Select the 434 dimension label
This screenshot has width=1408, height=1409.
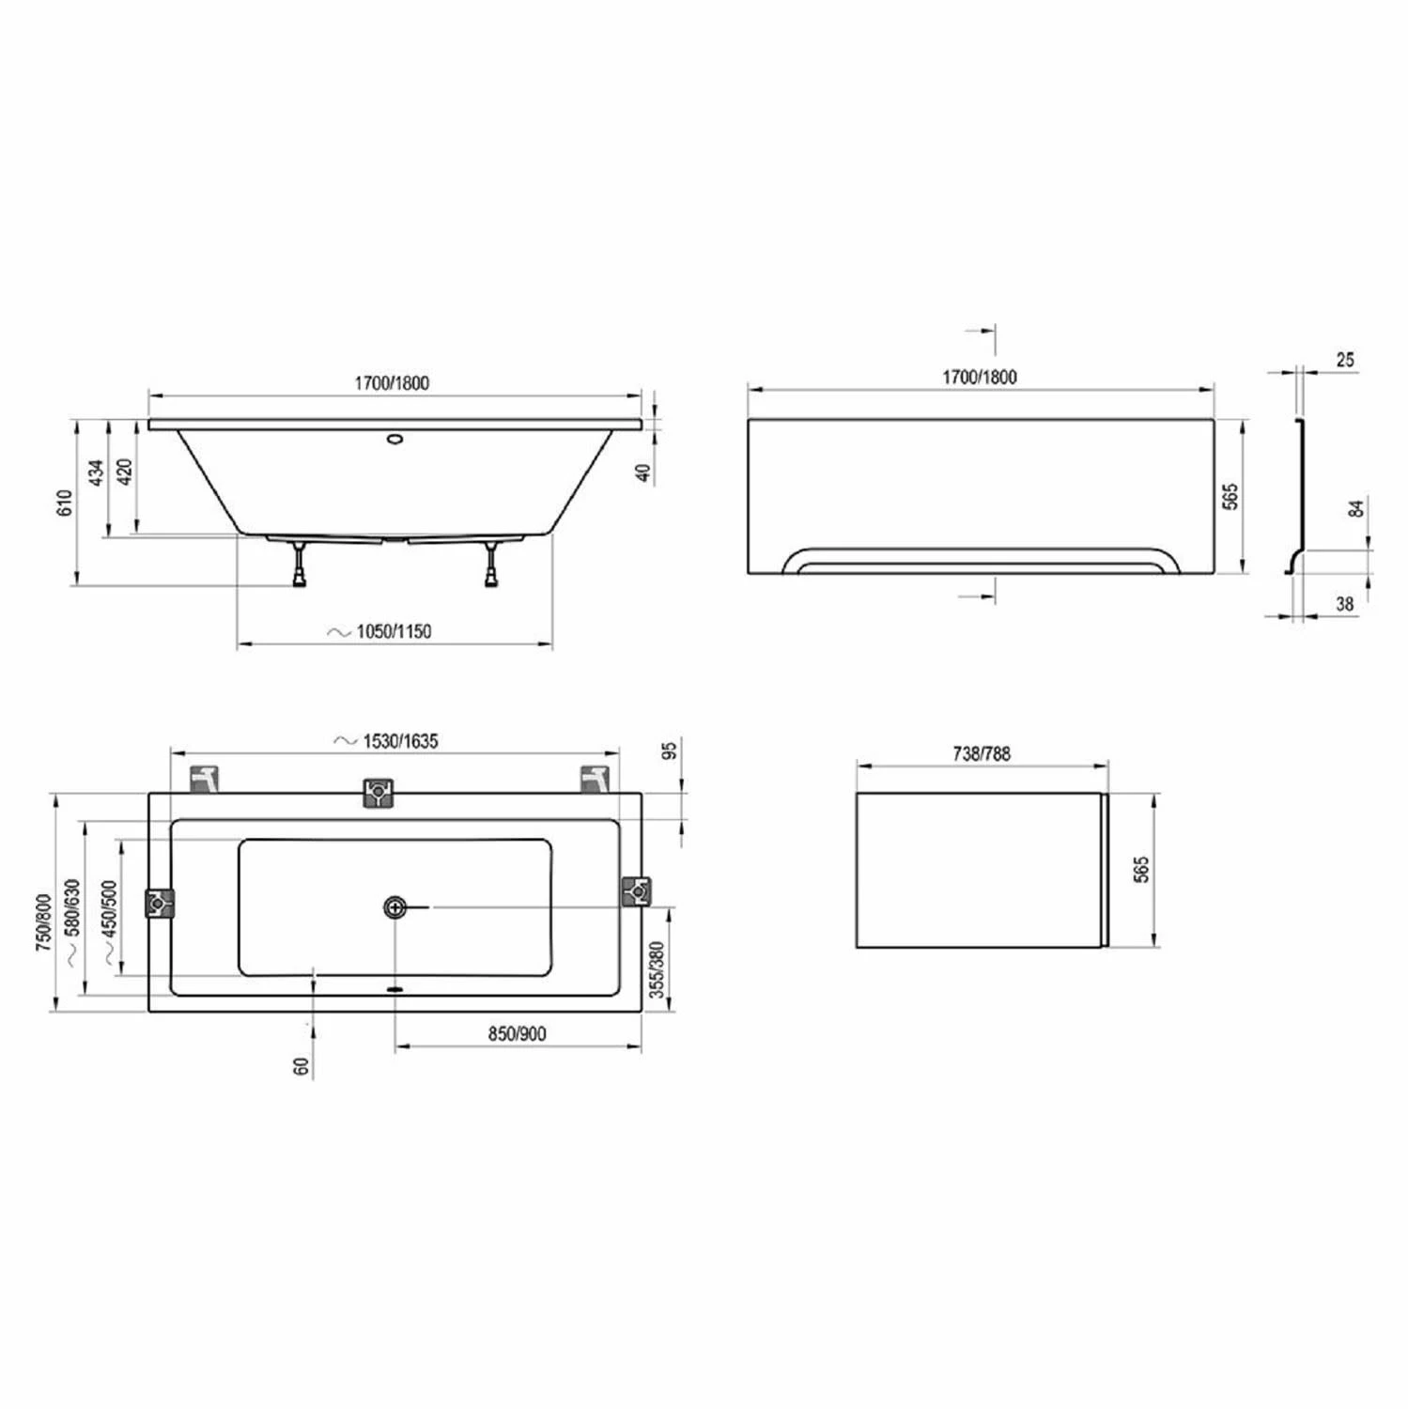coord(96,472)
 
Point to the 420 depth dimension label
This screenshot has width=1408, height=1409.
coord(125,472)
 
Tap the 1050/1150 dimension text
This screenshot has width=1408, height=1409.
coord(394,631)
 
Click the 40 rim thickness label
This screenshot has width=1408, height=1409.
coord(644,472)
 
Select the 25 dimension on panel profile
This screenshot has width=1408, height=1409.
coord(1345,360)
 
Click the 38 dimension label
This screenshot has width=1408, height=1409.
coord(1345,604)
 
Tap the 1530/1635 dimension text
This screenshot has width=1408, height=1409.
coord(400,741)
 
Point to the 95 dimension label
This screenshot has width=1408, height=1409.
coord(669,751)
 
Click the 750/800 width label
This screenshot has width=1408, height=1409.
coord(43,922)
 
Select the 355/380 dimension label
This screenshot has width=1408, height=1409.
coord(658,969)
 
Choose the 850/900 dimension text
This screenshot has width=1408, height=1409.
coord(517,1033)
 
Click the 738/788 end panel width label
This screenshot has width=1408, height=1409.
coord(982,753)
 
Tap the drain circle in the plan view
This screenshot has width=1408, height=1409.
coord(395,906)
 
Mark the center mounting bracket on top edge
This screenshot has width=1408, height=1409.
coord(378,792)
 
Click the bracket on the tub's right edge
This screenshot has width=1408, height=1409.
coord(637,890)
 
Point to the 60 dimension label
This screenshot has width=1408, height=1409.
coord(302,1066)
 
